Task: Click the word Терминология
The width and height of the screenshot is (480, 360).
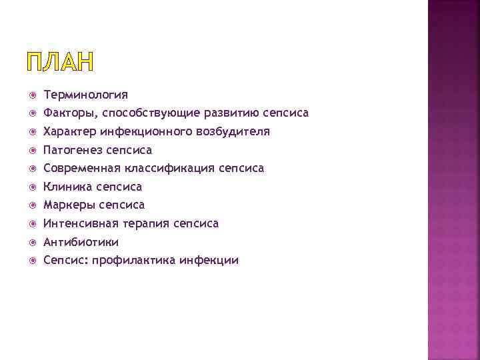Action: pos(85,95)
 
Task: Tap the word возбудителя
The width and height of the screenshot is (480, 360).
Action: pos(233,132)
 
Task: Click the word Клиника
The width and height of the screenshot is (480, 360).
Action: pos(67,187)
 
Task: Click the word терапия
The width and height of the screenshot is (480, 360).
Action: pos(147,223)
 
